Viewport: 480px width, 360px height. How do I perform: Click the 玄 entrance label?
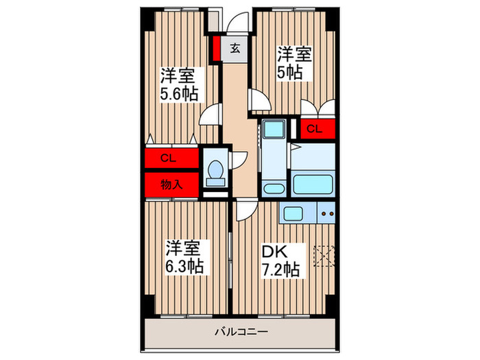(235, 48)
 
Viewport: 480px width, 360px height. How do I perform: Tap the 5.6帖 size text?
(179, 93)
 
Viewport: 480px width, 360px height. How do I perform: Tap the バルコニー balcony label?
(241, 333)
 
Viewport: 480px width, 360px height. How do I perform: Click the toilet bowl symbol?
(214, 171)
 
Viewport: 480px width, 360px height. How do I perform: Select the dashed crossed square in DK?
(324, 256)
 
